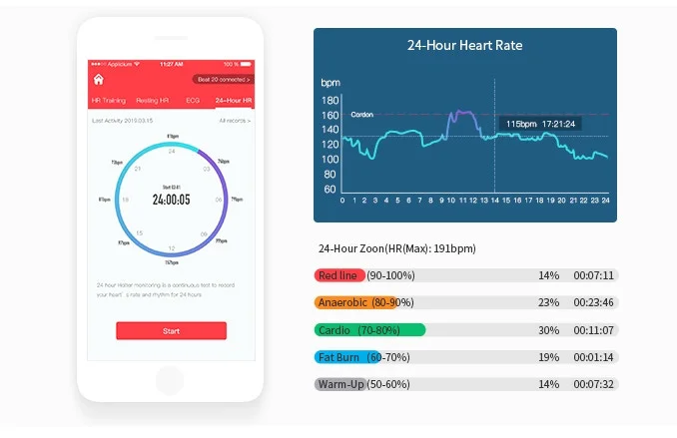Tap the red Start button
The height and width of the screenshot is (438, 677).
171,330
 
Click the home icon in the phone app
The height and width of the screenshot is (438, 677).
99,79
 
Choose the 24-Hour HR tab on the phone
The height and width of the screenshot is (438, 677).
234,101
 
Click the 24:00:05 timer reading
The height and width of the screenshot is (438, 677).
171,199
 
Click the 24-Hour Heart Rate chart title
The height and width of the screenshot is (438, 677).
464,45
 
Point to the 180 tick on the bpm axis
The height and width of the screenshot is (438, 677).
330,101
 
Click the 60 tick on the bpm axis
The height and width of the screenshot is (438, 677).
330,188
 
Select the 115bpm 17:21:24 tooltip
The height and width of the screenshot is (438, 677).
539,124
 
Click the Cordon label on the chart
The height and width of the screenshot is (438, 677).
361,115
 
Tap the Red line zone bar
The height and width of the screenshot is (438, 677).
338,275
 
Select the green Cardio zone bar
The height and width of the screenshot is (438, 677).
369,329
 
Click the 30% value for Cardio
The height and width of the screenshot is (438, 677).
548,329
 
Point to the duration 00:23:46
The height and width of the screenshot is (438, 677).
593,302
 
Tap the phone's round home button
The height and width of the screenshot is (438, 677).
171,379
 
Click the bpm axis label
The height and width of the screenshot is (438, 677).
331,82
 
